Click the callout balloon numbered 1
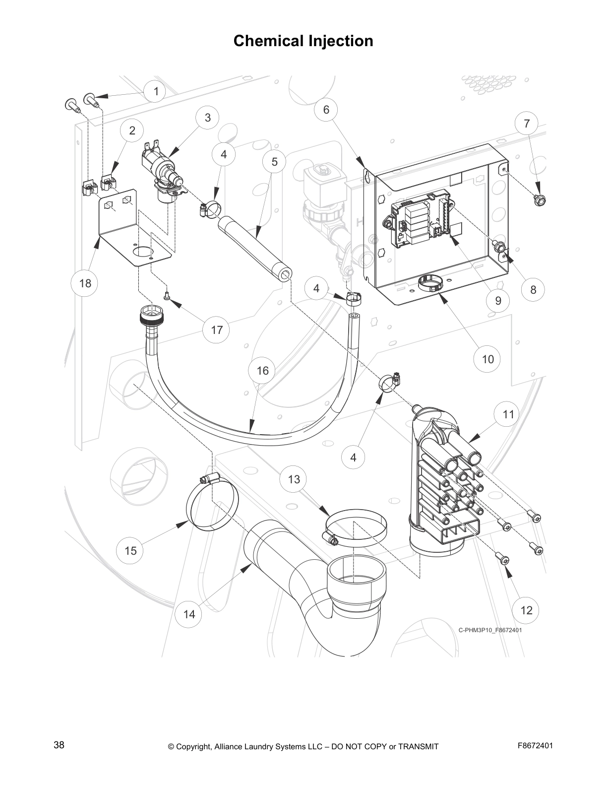[x=156, y=91]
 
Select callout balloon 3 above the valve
[x=208, y=118]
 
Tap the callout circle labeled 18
[x=85, y=283]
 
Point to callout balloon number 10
[x=488, y=359]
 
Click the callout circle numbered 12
[x=527, y=610]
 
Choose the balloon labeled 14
[x=189, y=614]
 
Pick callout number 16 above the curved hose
[x=262, y=371]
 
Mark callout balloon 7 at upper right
[x=527, y=124]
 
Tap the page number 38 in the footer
[x=59, y=745]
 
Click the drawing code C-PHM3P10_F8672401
[x=490, y=630]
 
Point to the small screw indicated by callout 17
[x=167, y=296]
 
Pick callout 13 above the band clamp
[x=294, y=479]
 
